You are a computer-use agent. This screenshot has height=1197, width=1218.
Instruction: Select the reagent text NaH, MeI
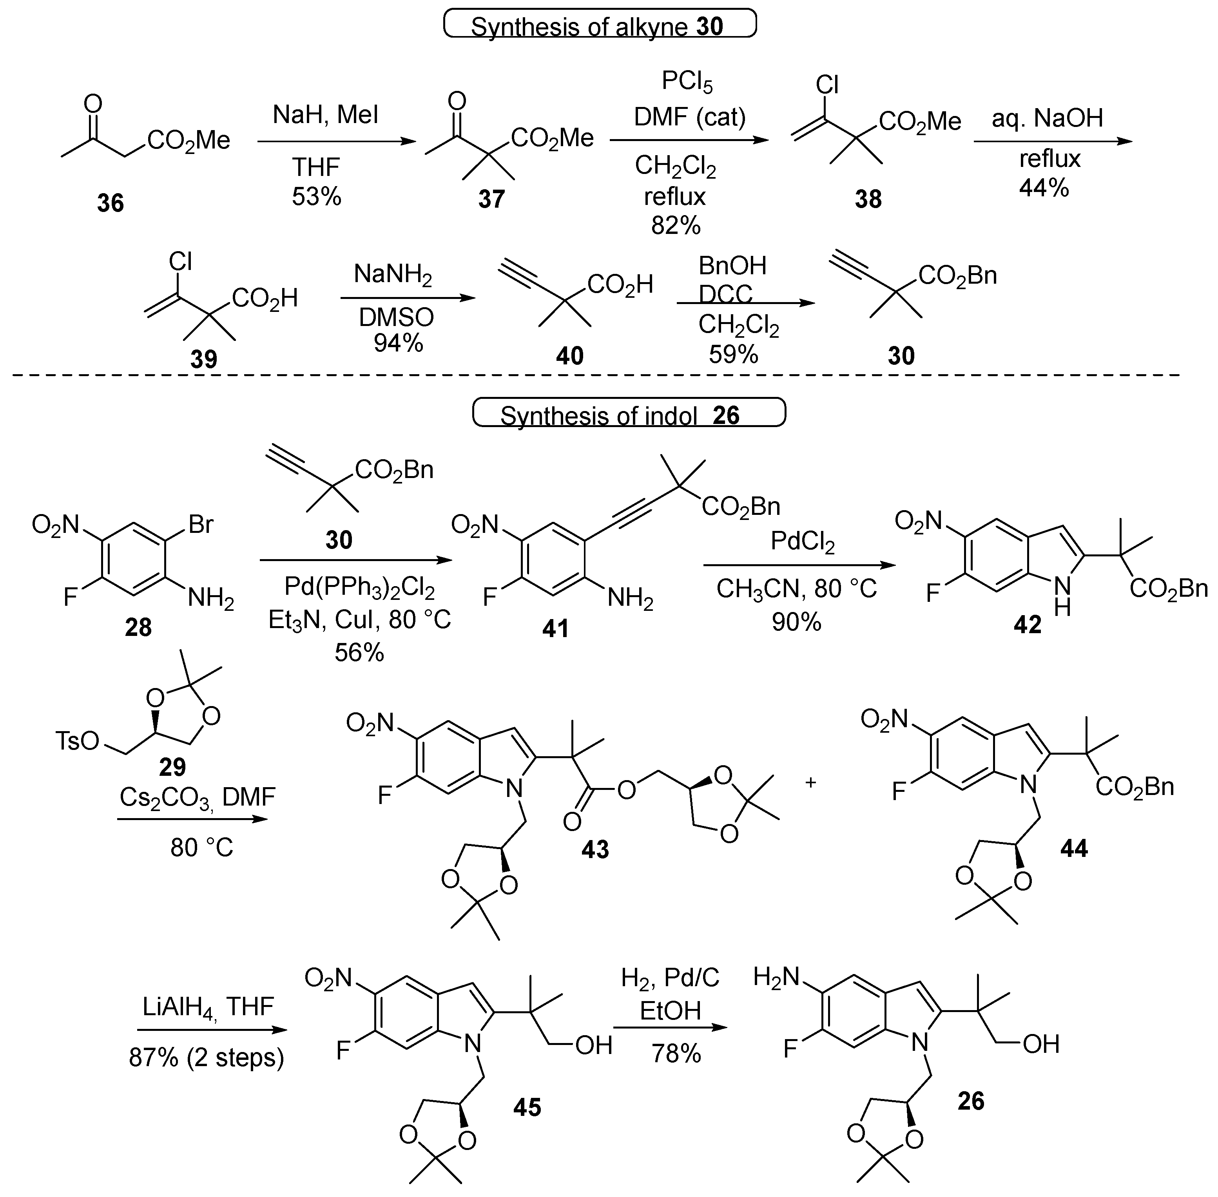[x=325, y=115]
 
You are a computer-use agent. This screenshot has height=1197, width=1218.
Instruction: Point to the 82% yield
[x=676, y=225]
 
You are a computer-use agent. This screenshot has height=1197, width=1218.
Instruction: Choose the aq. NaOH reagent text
[x=1047, y=118]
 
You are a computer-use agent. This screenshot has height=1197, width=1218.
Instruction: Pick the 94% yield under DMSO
[x=398, y=342]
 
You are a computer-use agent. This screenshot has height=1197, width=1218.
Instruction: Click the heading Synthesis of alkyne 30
[x=599, y=26]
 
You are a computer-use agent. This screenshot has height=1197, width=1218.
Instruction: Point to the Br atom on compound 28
[x=201, y=524]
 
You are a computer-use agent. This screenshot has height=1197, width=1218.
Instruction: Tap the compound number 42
[x=1027, y=624]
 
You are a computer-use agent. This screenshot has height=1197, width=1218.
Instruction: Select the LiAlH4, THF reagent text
[x=207, y=1007]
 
